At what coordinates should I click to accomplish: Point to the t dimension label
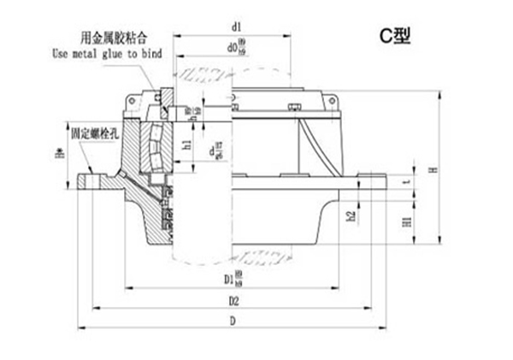(408, 182)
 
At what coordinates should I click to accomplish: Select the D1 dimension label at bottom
(231, 280)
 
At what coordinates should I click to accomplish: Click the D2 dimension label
(233, 302)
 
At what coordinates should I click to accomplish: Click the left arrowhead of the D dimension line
(80, 328)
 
